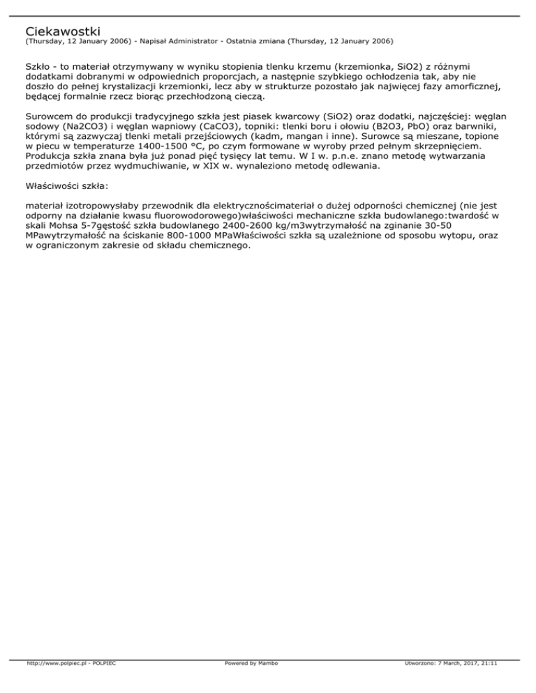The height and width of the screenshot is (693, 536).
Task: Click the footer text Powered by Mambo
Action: pos(251,683)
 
